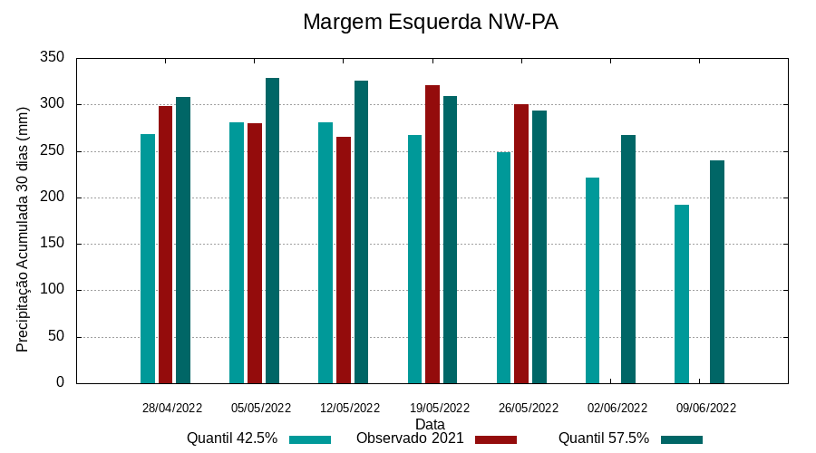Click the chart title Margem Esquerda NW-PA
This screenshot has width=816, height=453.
click(x=430, y=22)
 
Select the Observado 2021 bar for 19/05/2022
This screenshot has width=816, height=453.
click(x=432, y=234)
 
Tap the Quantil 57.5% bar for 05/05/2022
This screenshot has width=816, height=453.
click(x=272, y=230)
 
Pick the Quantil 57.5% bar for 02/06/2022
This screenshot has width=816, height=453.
click(x=628, y=259)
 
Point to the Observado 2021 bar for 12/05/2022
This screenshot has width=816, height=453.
click(x=344, y=260)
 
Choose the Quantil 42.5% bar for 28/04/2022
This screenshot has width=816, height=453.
click(x=148, y=258)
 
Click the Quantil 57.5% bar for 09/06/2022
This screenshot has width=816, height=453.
click(x=717, y=272)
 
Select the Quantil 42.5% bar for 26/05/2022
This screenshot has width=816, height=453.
click(x=503, y=267)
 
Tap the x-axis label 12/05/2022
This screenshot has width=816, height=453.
click(x=349, y=408)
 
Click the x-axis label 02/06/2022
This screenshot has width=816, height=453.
click(x=617, y=408)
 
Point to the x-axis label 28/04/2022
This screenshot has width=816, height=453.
click(x=172, y=408)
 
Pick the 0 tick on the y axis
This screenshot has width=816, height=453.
click(x=61, y=382)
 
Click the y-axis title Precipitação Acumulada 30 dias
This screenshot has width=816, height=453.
click(x=24, y=228)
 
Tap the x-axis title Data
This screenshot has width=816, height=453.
click(x=430, y=424)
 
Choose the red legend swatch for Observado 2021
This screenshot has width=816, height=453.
click(x=495, y=439)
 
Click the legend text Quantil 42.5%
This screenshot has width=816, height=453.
click(x=232, y=439)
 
